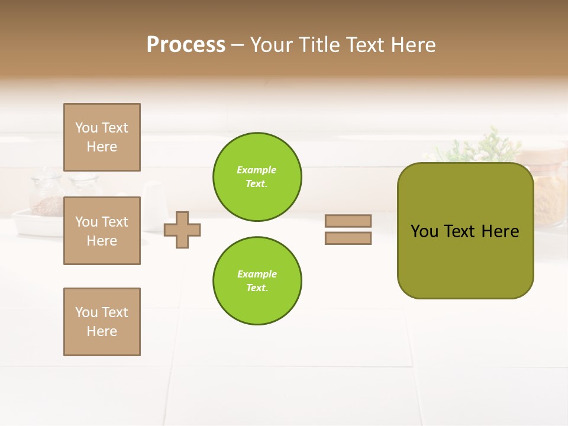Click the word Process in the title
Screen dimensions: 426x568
point(186,45)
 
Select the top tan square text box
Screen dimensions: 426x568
point(102,137)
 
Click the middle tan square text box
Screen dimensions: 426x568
point(102,231)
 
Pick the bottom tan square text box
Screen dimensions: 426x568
point(102,322)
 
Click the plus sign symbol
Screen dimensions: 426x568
point(182,230)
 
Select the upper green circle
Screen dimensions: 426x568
point(257,177)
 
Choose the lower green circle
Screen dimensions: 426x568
point(257,280)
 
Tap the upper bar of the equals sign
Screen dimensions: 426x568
point(348,221)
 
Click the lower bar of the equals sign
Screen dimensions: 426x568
point(348,238)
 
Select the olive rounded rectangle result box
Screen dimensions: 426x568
point(465,260)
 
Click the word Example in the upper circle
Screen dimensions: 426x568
point(256,170)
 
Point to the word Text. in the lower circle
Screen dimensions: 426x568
point(256,288)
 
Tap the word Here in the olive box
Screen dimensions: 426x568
point(500,231)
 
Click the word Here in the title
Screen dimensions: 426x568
point(413,45)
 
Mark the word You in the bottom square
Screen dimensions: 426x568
point(86,312)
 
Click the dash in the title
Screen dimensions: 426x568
point(237,45)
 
